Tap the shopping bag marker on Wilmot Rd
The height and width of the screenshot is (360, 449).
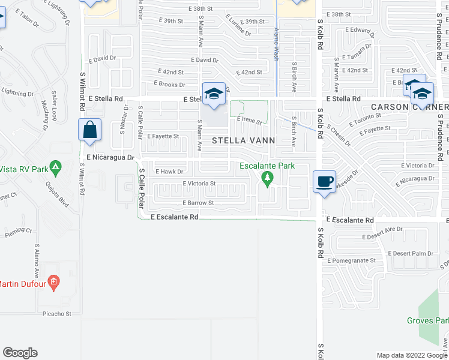coord(89,130)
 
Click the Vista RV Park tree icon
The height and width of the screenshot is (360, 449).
coord(55,166)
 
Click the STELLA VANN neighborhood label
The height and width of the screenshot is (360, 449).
coord(244,140)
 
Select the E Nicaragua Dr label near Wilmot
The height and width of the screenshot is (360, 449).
coord(109,157)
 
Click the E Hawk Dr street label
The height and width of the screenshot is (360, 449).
coord(169,172)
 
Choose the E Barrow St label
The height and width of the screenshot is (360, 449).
coord(198,203)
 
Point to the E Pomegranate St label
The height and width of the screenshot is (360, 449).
coord(352,260)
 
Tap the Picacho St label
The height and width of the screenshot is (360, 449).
coord(57,313)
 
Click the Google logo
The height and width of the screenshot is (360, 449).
coord(20,353)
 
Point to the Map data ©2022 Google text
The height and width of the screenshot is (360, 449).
coord(411,355)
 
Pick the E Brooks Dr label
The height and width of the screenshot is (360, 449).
coord(169,85)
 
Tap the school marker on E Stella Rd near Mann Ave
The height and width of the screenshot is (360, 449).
coord(213,94)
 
